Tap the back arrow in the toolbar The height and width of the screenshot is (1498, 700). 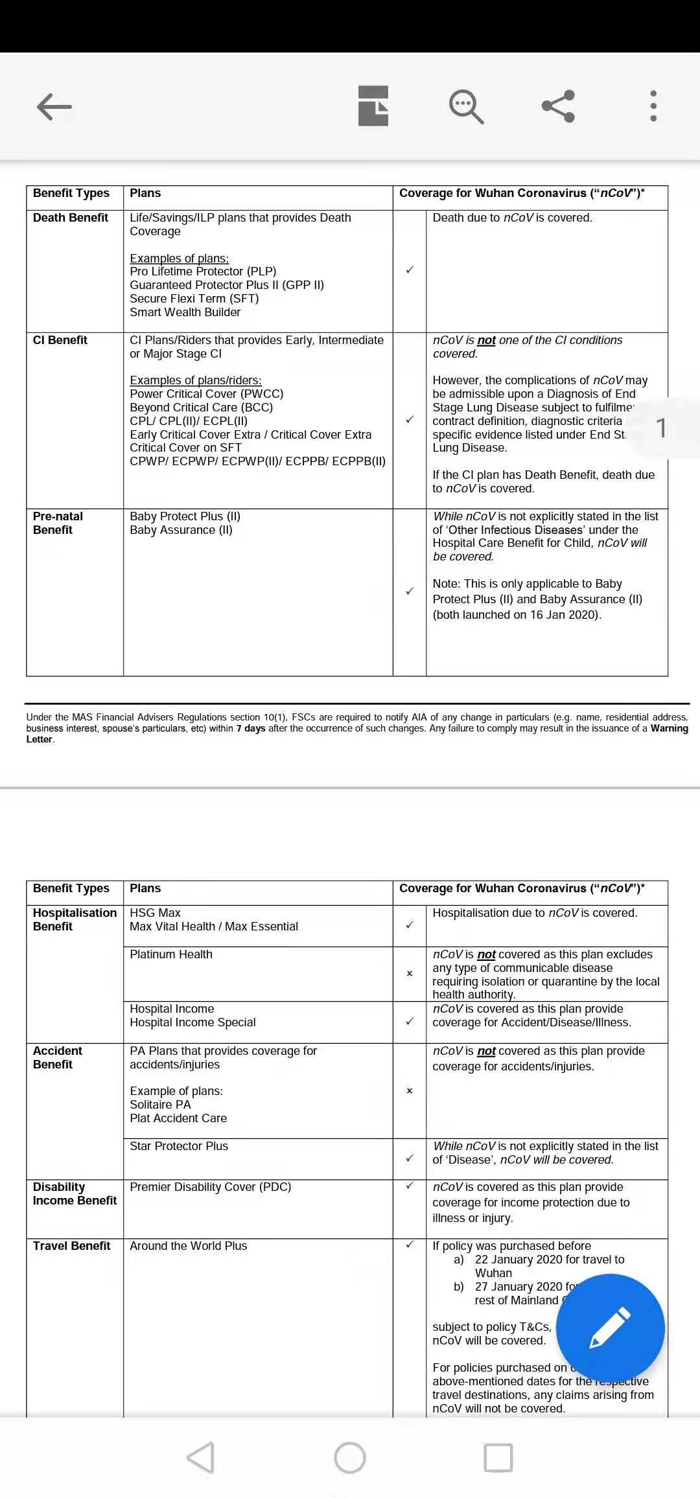click(54, 107)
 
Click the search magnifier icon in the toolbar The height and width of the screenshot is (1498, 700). click(466, 106)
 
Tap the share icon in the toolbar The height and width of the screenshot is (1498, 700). click(558, 106)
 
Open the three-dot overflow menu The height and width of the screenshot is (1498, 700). click(653, 106)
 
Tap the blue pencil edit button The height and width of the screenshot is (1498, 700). click(610, 1328)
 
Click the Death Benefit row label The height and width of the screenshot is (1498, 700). click(71, 218)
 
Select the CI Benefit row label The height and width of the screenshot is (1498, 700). click(60, 340)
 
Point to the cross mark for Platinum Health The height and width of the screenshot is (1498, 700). click(410, 973)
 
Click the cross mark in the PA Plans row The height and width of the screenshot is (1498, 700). click(410, 1090)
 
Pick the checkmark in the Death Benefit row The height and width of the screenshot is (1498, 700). click(410, 270)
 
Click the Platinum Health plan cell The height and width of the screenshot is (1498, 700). click(171, 954)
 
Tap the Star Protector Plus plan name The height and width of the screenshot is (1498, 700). click(179, 1146)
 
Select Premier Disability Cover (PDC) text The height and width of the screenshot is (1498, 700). click(211, 1187)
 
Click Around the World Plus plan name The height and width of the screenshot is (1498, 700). click(189, 1246)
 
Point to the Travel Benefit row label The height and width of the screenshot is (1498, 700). click(72, 1246)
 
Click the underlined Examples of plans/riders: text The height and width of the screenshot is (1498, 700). click(196, 380)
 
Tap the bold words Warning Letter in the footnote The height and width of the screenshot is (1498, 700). click(669, 728)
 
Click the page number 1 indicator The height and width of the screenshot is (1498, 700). click(661, 428)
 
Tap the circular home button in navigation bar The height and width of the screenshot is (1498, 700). click(350, 1458)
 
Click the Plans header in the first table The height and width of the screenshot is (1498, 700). click(145, 193)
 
